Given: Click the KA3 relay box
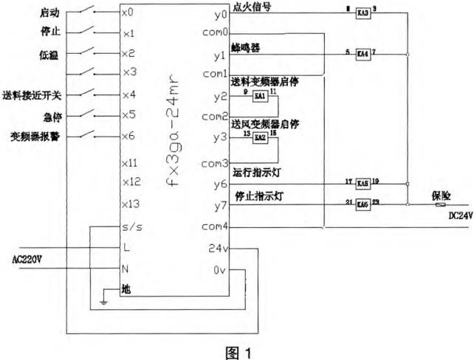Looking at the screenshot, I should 363,13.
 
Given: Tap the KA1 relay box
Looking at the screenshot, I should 259,97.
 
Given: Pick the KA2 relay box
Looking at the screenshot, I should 259,137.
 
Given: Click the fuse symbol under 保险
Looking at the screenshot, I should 441,205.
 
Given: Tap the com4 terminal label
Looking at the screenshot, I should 214,226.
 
